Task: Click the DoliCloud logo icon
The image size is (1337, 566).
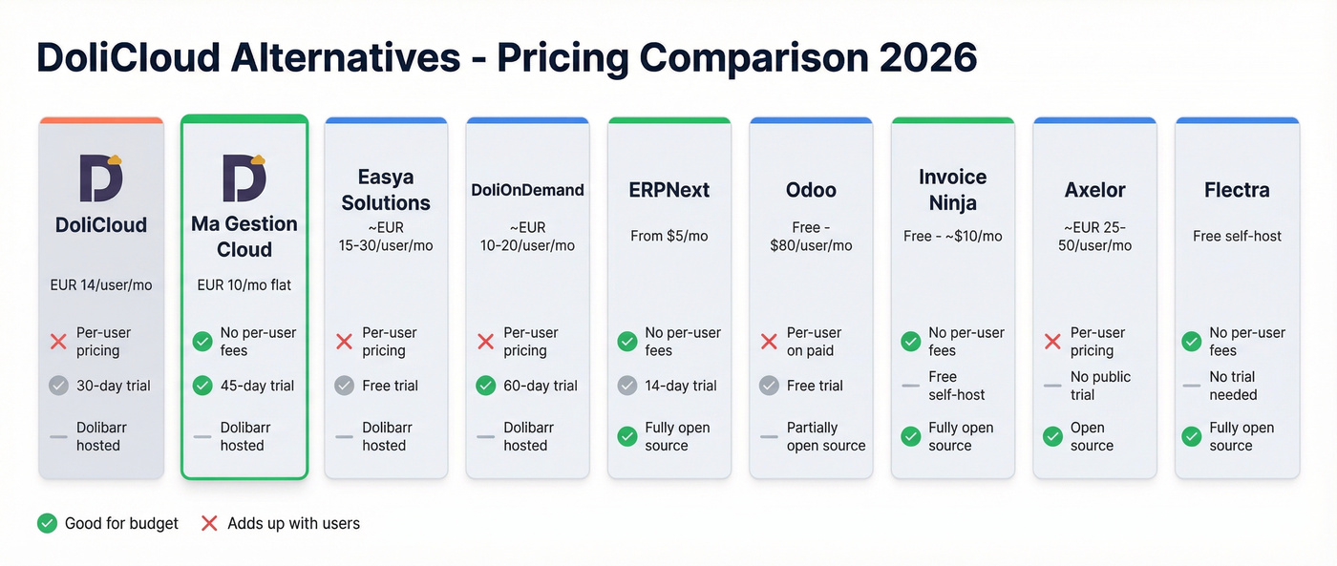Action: [x=101, y=177]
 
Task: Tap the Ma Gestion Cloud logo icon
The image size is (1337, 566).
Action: [x=244, y=177]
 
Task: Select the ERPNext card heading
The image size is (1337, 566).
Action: [x=668, y=190]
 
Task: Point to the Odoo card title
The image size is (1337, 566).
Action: [x=811, y=190]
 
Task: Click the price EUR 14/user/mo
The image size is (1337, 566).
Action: [x=101, y=284]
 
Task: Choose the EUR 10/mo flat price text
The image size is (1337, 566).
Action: [x=244, y=284]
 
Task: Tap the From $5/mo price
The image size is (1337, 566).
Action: [x=668, y=236]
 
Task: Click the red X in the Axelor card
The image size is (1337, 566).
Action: [x=1052, y=342]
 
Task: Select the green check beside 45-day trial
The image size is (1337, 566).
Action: [x=202, y=386]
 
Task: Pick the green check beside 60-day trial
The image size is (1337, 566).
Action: [x=485, y=386]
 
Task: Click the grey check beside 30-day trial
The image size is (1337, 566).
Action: [x=58, y=386]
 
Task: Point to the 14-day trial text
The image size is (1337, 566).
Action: [x=680, y=386]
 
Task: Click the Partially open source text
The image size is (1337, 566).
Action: [x=825, y=436]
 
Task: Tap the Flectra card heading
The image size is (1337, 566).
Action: [x=1237, y=190]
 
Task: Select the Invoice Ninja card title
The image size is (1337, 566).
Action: [x=952, y=189]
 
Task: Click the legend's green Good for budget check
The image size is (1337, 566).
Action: [x=47, y=523]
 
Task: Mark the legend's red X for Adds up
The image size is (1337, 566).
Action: [x=210, y=523]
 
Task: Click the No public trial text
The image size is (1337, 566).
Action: [x=1100, y=386]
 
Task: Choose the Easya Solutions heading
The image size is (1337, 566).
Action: [x=386, y=189]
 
